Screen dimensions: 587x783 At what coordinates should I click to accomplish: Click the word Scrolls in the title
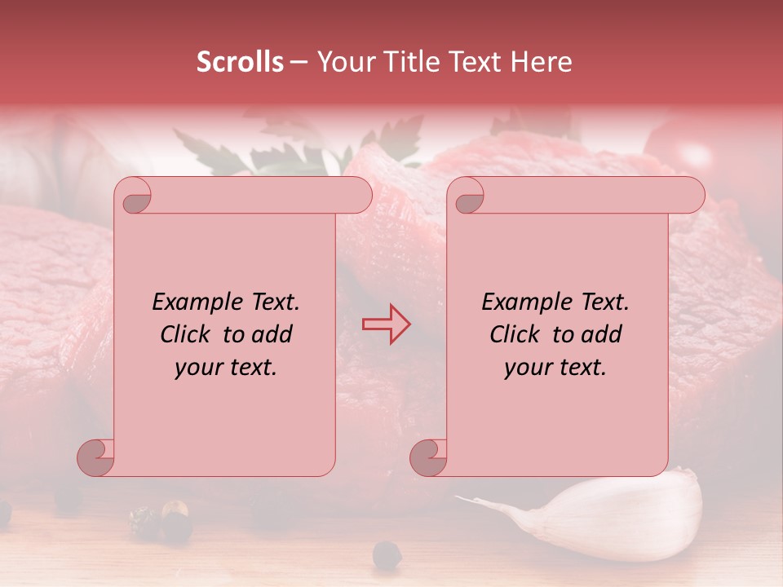tap(240, 62)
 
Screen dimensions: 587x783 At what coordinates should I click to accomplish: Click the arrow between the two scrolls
tap(387, 324)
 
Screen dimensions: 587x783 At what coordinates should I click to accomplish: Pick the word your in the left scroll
tap(197, 368)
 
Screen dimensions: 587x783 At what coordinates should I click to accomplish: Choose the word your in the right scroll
tap(526, 368)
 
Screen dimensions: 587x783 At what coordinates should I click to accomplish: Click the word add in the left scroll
tap(272, 334)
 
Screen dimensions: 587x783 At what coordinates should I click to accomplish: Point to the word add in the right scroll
tap(602, 334)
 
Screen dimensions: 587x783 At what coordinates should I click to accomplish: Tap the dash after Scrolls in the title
tap(299, 63)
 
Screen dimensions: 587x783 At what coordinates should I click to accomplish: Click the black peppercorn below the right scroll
tap(387, 554)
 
